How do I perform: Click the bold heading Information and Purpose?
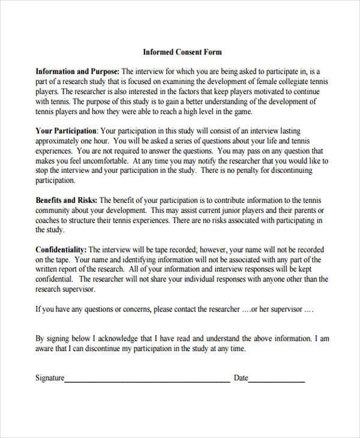[77, 71]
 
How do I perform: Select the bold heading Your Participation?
[66, 130]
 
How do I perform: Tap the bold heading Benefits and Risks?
[67, 200]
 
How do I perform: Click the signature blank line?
[147, 380]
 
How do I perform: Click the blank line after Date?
[277, 380]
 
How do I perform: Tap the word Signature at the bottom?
[50, 378]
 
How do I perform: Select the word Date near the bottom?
[241, 378]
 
